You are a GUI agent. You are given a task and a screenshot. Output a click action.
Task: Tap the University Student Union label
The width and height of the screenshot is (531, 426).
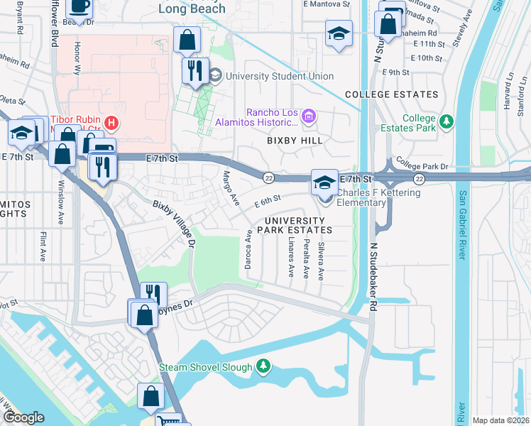point(280,76)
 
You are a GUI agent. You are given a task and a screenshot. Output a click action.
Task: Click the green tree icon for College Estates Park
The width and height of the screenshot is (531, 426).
point(447,122)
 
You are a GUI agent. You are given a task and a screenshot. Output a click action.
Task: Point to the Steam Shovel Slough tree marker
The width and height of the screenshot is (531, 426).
point(263,366)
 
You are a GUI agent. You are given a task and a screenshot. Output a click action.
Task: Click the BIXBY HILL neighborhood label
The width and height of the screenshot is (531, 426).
point(295,141)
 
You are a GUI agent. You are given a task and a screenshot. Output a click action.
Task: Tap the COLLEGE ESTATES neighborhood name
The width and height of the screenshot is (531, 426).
point(391,94)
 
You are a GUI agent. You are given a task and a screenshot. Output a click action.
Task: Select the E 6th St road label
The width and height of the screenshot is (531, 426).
point(268,202)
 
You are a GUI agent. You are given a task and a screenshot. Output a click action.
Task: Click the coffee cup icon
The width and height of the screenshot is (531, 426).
point(79,6)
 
